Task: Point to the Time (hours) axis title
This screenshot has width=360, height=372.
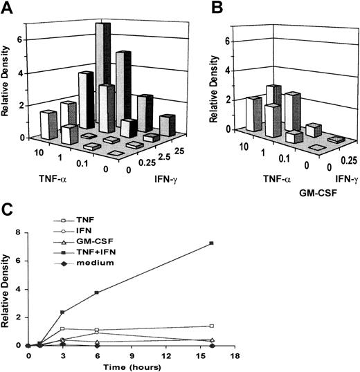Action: point(119,366)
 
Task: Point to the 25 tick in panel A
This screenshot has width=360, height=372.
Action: point(161,147)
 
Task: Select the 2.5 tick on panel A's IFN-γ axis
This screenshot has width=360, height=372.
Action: point(147,158)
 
